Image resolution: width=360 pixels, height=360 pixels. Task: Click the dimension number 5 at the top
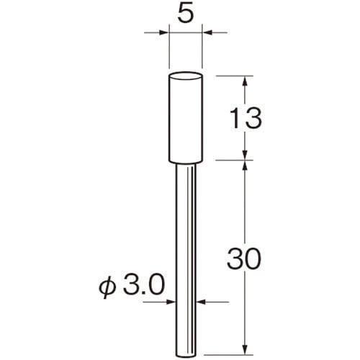click(186, 15)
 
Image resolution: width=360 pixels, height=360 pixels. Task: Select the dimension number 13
click(245, 118)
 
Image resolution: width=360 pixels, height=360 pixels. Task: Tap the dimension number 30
click(243, 259)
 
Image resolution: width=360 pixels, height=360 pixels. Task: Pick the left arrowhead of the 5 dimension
click(164, 32)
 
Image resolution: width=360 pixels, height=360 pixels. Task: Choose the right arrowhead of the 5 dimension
click(207, 32)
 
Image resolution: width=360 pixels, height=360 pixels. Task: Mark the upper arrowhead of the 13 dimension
click(245, 81)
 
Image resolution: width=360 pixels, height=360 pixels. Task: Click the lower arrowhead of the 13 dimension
click(245, 155)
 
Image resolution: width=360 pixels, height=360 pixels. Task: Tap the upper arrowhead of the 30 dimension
click(245, 165)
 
